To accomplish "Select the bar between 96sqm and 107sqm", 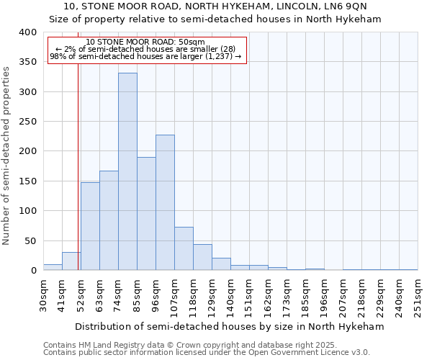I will click(x=165, y=202).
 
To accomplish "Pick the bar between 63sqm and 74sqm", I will click(x=109, y=220).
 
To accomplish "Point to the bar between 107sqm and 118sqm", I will click(x=184, y=248).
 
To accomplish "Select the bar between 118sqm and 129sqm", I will click(x=202, y=257).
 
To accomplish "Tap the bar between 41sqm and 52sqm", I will click(x=71, y=261).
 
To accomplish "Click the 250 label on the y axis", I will click(x=27, y=122).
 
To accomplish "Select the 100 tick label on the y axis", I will click(x=27, y=211).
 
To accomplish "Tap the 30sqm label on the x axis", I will click(x=44, y=294).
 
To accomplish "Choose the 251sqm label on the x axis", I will click(x=418, y=295).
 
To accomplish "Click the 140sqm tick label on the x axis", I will click(x=230, y=295).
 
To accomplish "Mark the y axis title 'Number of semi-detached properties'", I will click(x=6, y=155).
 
